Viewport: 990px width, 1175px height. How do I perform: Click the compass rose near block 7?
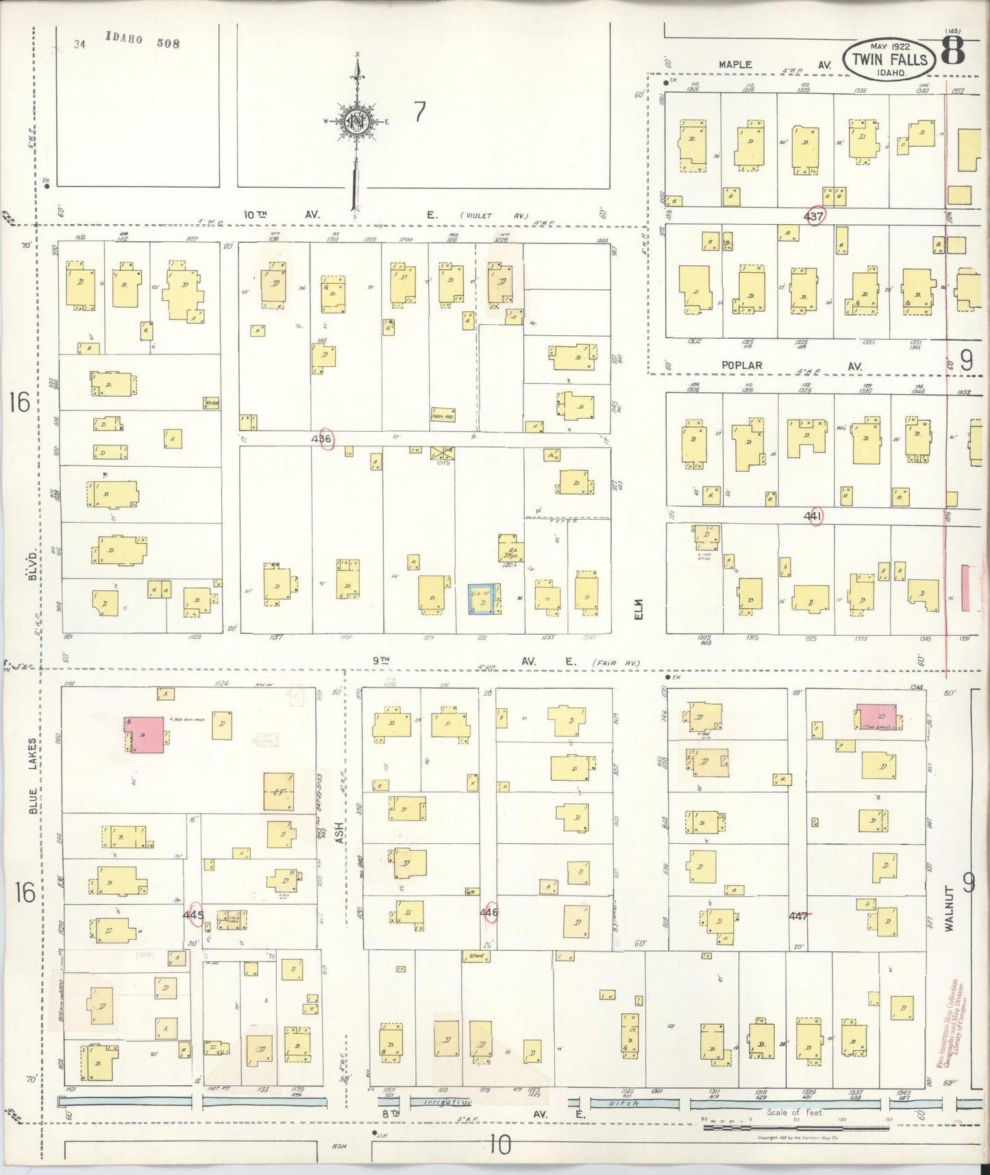click(x=357, y=121)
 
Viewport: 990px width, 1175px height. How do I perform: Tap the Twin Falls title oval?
click(x=889, y=58)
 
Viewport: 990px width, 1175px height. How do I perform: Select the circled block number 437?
click(x=814, y=217)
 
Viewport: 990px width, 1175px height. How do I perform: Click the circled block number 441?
click(x=814, y=516)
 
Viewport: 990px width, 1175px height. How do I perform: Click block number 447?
click(x=799, y=915)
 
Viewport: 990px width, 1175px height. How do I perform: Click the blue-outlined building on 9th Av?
click(x=484, y=598)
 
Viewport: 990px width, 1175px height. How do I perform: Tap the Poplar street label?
click(x=741, y=366)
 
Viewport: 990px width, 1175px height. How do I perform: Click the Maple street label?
click(x=735, y=64)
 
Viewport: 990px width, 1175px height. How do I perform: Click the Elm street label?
click(x=639, y=609)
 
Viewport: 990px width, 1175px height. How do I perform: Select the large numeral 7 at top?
click(x=419, y=112)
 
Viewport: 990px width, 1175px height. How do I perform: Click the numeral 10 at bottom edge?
click(x=501, y=1144)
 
